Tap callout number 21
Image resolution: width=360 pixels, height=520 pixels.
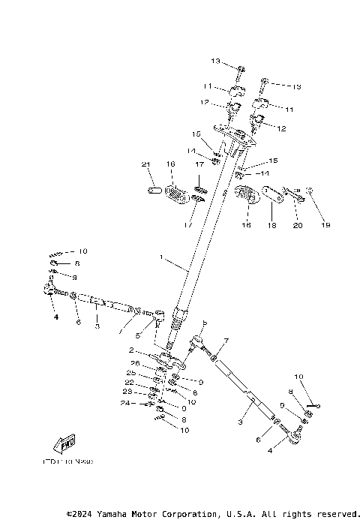coord(146,164)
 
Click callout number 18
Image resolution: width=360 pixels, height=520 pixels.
coord(271,224)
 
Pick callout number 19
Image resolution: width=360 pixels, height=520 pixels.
coord(325,224)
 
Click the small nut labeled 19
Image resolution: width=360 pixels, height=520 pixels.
coord(310,191)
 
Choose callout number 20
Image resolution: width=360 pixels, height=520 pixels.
coord(296,224)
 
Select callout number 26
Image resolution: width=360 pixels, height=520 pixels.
coord(135,363)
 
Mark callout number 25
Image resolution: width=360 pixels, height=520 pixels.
coord(132,373)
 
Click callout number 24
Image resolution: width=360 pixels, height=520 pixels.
coord(125,403)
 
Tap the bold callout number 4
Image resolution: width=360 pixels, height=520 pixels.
coord(55,317)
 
